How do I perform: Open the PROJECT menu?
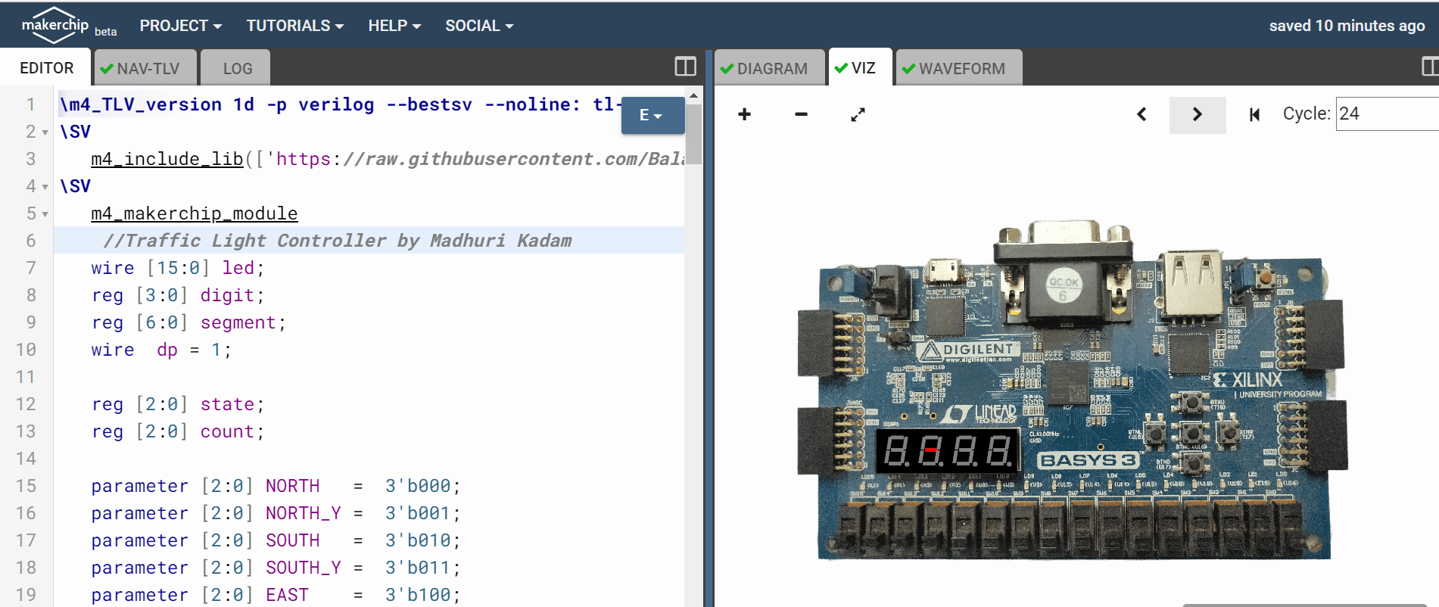(180, 26)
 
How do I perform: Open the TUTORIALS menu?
(294, 26)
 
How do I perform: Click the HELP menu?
(394, 26)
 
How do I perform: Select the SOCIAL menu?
(478, 26)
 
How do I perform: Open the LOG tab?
(237, 68)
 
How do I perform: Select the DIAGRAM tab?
(771, 68)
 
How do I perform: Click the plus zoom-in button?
(745, 114)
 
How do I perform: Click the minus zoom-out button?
(801, 114)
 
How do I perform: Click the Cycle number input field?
(1385, 114)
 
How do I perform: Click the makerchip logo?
(55, 25)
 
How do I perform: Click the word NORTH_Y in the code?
(303, 513)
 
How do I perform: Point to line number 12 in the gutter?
(26, 404)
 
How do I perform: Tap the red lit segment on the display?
(930, 450)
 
